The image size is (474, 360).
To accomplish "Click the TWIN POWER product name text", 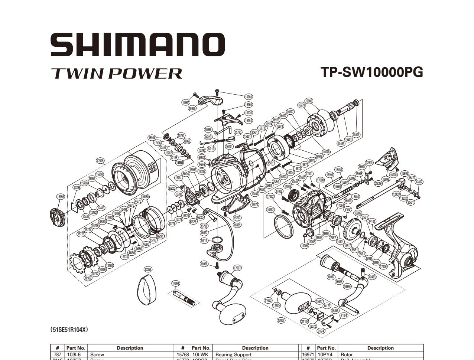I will [x=116, y=73].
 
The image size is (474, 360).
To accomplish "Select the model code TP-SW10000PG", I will [x=372, y=72].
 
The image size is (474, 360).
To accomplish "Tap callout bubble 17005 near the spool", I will [x=100, y=161].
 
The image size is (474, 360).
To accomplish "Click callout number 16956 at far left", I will [x=61, y=197].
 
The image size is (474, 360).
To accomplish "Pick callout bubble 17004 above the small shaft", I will [x=176, y=283].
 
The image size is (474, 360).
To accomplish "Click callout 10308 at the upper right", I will [x=356, y=135].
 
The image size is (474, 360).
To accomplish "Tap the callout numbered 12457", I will [x=419, y=182].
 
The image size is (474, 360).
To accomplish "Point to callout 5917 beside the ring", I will [x=204, y=240].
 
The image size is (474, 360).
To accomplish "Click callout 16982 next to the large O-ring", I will [x=271, y=210].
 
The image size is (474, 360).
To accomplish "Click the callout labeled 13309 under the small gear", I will [x=305, y=245].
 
